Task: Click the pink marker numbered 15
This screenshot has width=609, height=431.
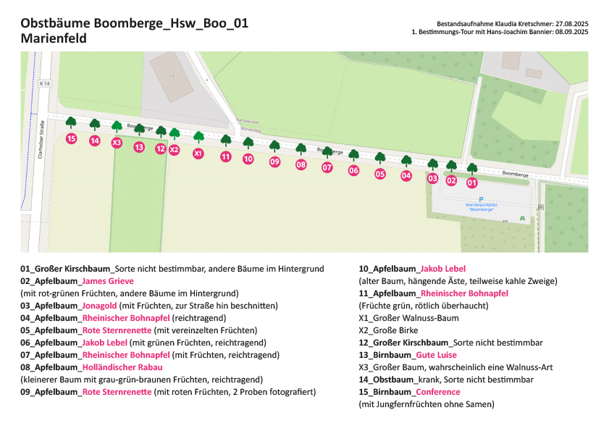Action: pyautogui.click(x=71, y=138)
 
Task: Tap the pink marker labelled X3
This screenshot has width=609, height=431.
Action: pyautogui.click(x=117, y=143)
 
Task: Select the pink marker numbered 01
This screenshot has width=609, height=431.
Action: pyautogui.click(x=472, y=183)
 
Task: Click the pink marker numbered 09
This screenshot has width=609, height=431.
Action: pyautogui.click(x=274, y=162)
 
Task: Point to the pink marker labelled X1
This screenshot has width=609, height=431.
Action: pyautogui.click(x=198, y=153)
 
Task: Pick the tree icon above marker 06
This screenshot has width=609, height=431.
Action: pyautogui.click(x=353, y=156)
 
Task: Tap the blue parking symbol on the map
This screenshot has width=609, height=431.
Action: pyautogui.click(x=480, y=198)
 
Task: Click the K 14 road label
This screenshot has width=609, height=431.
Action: pyautogui.click(x=46, y=84)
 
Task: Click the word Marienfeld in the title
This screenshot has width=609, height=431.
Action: pyautogui.click(x=54, y=38)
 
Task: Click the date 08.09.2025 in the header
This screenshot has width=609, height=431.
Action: pyautogui.click(x=571, y=32)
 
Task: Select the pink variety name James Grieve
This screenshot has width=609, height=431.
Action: pyautogui.click(x=108, y=281)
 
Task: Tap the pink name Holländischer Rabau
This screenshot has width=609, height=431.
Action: pyautogui.click(x=122, y=367)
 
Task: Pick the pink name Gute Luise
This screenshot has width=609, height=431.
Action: pyautogui.click(x=437, y=355)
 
